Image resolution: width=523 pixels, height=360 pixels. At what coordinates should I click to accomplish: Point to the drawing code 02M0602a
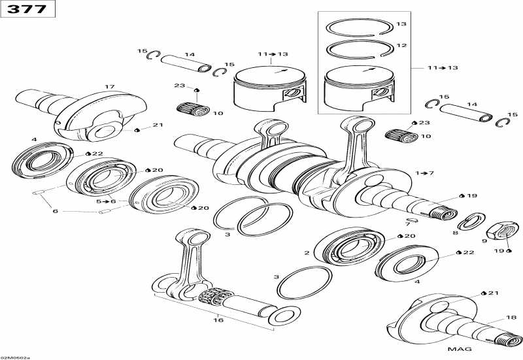16,357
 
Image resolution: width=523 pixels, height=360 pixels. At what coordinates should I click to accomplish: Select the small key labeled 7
408,219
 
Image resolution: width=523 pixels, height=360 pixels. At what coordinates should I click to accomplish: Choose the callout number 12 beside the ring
401,46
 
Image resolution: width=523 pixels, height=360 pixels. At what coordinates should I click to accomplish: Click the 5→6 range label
105,201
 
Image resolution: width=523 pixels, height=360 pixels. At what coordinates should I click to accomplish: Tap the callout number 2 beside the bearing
307,252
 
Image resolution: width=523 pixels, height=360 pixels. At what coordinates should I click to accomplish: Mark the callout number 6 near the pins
56,210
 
